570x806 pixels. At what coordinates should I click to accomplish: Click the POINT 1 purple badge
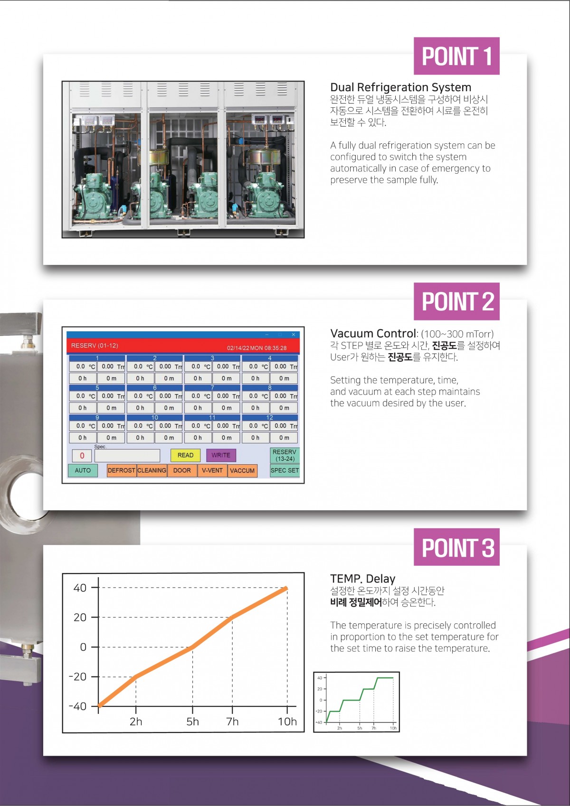[x=456, y=56]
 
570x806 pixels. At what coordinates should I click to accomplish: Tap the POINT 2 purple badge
[x=456, y=301]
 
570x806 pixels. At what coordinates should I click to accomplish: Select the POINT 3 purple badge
[x=456, y=546]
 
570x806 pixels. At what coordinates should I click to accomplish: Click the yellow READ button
[x=185, y=455]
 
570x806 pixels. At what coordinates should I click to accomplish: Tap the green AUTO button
[x=83, y=470]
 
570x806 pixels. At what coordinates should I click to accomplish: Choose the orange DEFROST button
[x=121, y=470]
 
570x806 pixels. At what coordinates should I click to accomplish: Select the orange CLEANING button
[x=152, y=470]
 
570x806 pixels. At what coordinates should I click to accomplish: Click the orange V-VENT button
[x=212, y=470]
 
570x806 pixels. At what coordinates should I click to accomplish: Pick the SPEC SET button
[x=285, y=470]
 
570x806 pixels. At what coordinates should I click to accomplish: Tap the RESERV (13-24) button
[x=285, y=455]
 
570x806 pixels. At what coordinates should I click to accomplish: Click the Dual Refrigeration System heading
[x=400, y=87]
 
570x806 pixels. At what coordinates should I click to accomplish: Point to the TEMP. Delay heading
[x=362, y=579]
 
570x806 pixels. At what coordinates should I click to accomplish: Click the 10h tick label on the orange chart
[x=287, y=722]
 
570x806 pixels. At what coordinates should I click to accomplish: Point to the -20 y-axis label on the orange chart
[x=78, y=677]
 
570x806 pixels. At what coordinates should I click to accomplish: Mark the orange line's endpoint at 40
[x=286, y=588]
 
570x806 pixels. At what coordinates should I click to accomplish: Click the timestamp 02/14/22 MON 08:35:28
[x=256, y=348]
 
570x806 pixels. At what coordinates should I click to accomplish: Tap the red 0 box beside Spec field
[x=82, y=456]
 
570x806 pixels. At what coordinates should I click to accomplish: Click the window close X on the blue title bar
[x=294, y=335]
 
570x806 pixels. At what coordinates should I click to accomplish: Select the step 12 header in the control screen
[x=270, y=417]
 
